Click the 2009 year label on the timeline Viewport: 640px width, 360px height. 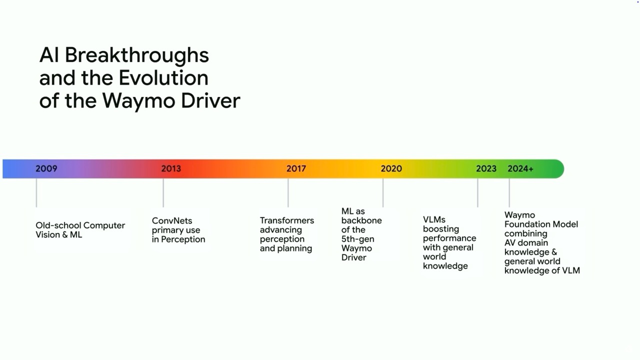click(x=46, y=168)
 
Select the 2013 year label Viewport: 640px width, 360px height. click(x=171, y=168)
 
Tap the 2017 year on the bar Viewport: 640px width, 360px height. click(x=296, y=168)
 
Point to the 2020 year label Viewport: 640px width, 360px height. click(x=391, y=168)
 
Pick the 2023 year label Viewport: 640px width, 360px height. click(x=486, y=168)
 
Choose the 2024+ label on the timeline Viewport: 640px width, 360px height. click(x=520, y=168)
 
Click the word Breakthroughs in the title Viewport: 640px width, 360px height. click(x=137, y=56)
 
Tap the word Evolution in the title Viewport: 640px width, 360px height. click(x=163, y=77)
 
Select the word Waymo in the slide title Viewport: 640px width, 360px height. click(x=138, y=101)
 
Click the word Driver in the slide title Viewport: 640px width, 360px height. click(x=211, y=100)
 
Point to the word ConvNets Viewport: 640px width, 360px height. click(x=172, y=220)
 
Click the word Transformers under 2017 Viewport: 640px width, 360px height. click(x=287, y=220)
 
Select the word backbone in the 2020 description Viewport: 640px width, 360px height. click(x=361, y=220)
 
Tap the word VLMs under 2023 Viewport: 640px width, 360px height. click(x=434, y=219)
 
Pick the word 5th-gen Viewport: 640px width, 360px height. click(x=357, y=239)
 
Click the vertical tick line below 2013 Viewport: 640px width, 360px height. click(x=163, y=193)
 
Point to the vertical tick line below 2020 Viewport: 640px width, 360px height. click(x=383, y=193)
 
